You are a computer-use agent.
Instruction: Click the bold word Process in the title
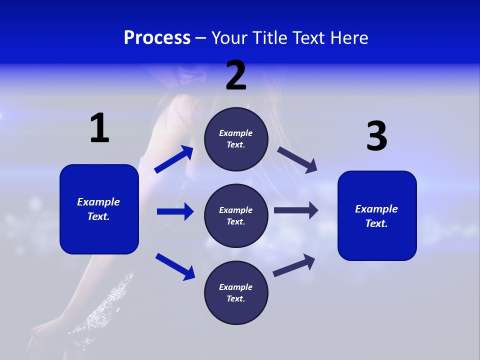pyautogui.click(x=157, y=38)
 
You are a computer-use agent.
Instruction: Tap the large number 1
pyautogui.click(x=99, y=128)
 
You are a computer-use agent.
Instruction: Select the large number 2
pyautogui.click(x=236, y=75)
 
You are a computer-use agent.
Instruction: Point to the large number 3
pyautogui.click(x=376, y=136)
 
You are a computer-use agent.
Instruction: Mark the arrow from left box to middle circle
pyautogui.click(x=175, y=211)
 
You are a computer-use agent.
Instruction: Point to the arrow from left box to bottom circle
pyautogui.click(x=175, y=266)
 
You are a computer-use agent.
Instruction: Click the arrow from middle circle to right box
pyautogui.click(x=296, y=210)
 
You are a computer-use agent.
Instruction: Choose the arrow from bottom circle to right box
pyautogui.click(x=294, y=265)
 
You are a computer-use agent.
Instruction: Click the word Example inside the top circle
pyautogui.click(x=235, y=133)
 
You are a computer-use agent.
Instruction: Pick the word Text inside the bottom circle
pyautogui.click(x=235, y=298)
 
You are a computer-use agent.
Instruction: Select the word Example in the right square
pyautogui.click(x=376, y=209)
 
